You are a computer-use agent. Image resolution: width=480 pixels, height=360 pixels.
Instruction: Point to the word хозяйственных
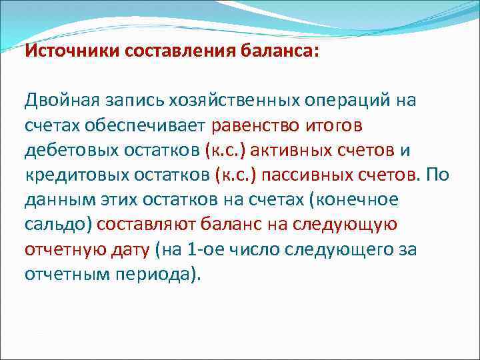point(223,101)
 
